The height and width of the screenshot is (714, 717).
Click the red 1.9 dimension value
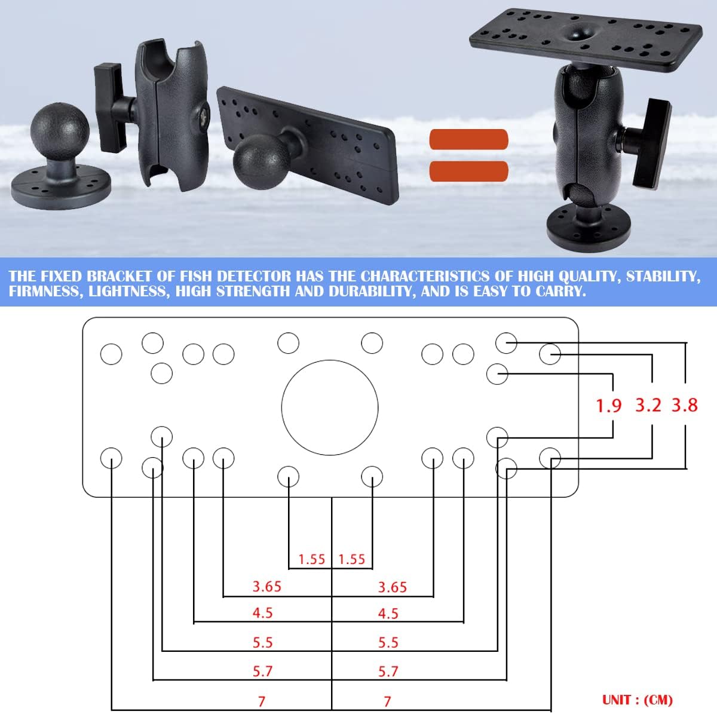(x=609, y=406)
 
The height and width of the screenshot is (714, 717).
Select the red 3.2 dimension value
(x=648, y=405)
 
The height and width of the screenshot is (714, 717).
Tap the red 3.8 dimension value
(x=684, y=405)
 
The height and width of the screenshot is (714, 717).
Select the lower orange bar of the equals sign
(x=468, y=171)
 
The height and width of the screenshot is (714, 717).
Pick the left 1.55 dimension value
(x=311, y=559)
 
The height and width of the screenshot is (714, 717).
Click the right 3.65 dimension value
(x=393, y=587)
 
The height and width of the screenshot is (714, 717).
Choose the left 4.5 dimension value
(x=263, y=613)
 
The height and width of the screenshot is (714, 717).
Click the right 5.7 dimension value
(x=388, y=672)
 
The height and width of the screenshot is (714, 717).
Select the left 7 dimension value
(x=262, y=701)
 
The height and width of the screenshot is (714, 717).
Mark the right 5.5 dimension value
(x=388, y=642)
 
